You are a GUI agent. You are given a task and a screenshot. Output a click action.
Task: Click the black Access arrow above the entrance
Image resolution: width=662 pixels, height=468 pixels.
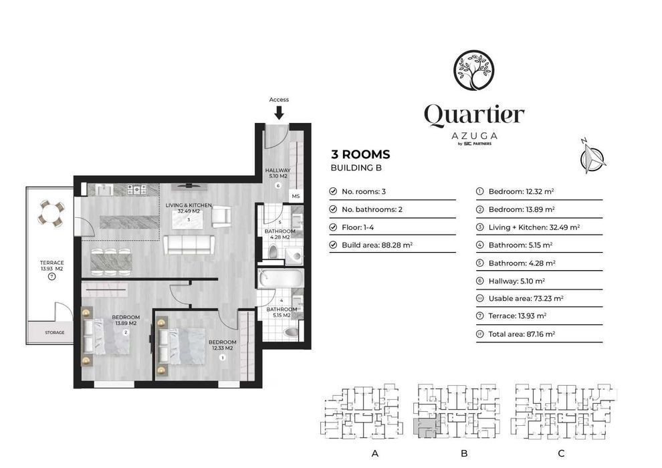tap(279, 113)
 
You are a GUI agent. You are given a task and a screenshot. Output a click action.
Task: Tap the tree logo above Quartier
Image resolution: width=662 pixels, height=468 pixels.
tap(473, 70)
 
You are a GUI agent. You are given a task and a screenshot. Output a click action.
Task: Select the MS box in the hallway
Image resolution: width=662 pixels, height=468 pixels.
tap(296, 197)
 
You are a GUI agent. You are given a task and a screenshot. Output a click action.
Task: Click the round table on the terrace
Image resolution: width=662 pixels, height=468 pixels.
tap(51, 213)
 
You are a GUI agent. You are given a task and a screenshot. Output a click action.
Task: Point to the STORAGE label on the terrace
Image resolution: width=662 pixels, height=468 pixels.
tap(55, 332)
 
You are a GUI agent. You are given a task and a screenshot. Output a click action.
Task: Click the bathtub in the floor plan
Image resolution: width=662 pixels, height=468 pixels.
tap(280, 279)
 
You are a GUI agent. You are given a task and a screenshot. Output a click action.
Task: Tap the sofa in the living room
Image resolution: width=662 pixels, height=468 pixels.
tap(189, 245)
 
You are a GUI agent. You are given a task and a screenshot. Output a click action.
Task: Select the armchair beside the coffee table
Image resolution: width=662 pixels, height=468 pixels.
tap(221, 216)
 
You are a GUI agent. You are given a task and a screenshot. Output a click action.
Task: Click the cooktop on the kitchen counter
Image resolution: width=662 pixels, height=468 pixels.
tap(137, 189)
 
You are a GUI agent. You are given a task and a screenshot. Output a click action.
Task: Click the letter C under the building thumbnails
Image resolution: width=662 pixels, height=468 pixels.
tap(561, 454)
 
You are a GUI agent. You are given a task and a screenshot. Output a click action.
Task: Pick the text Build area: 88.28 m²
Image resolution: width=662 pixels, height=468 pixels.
tap(377, 245)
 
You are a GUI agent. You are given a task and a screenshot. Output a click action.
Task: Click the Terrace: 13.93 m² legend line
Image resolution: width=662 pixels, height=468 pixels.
tap(517, 316)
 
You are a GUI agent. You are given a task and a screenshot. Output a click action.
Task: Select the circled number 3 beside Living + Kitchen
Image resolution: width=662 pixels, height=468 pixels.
tap(479, 227)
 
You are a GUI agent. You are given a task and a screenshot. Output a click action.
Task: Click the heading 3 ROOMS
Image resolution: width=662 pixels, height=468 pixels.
tap(360, 154)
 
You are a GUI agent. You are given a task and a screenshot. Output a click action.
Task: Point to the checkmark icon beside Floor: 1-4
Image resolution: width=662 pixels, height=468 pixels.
tap(333, 227)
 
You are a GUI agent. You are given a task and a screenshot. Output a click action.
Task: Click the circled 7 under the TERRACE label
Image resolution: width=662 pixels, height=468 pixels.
tap(51, 277)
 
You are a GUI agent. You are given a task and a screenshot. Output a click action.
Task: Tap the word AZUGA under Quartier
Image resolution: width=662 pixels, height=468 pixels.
tap(474, 136)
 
